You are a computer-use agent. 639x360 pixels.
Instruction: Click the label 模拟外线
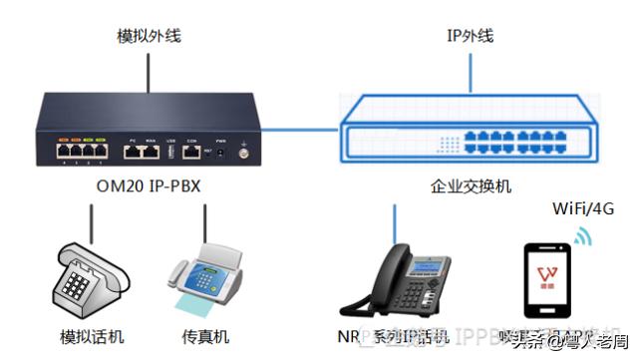point(149,37)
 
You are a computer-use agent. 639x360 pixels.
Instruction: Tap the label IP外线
point(470,37)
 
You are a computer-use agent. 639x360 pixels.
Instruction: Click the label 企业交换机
point(471,186)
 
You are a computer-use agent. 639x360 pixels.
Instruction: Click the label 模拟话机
point(92,336)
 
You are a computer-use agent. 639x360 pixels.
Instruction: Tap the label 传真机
point(205,336)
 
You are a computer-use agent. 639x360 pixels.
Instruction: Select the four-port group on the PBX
point(82,152)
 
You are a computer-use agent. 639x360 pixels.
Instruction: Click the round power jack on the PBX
point(242,153)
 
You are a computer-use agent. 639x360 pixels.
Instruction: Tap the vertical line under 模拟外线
point(149,70)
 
